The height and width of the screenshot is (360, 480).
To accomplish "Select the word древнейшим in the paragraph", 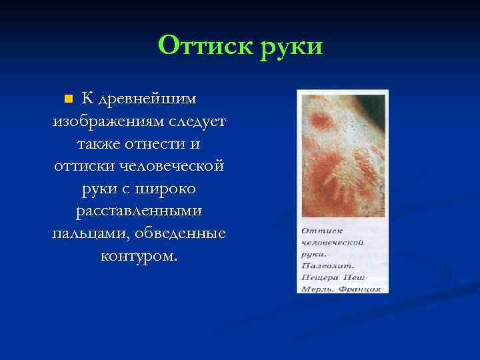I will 147,99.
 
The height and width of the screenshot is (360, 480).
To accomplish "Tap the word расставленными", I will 140,211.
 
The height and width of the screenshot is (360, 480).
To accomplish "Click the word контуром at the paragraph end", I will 139,255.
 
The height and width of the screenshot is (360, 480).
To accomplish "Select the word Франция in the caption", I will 359,289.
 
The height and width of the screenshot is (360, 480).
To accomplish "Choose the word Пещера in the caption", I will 321,277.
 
